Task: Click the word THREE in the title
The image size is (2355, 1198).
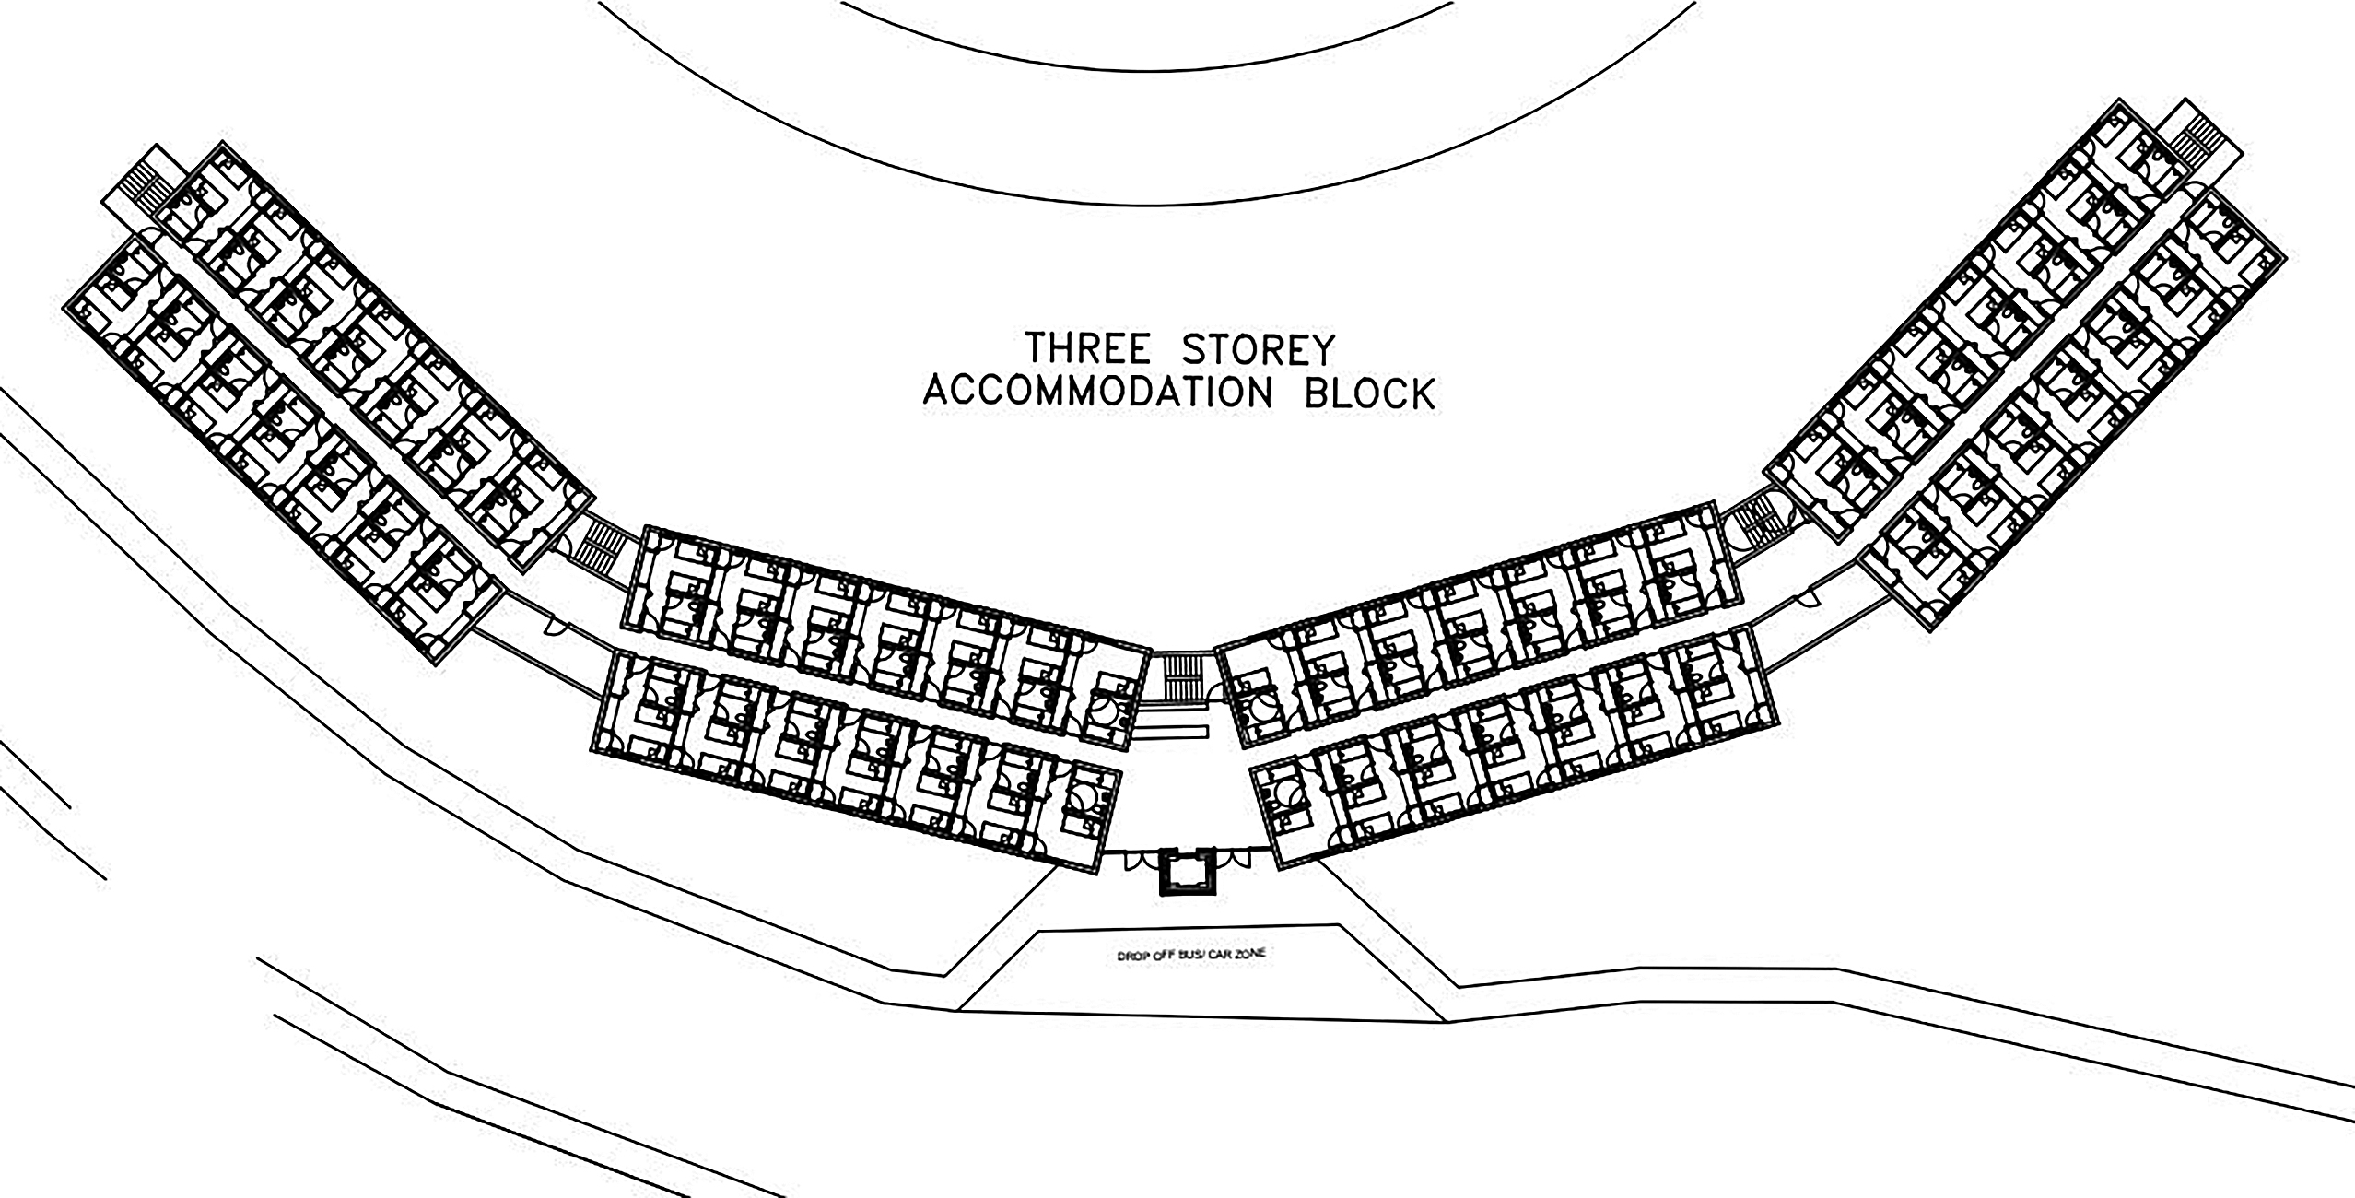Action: [x=1088, y=350]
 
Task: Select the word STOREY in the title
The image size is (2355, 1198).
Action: [x=1259, y=350]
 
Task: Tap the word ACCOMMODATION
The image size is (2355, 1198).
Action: [x=1098, y=393]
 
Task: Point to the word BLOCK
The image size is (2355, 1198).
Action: [x=1370, y=393]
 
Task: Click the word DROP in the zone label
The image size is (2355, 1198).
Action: [x=1131, y=957]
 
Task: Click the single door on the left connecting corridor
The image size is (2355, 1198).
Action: [x=556, y=627]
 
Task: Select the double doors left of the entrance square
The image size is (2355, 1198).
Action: [x=1134, y=860]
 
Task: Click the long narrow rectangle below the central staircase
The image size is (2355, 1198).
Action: [x=1169, y=732]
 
